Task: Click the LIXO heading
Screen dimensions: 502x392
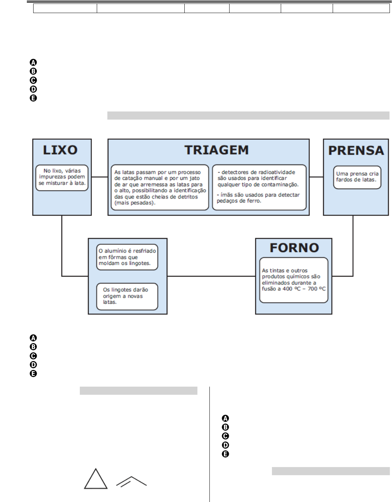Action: point(60,150)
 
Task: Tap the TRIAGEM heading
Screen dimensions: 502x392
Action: point(216,150)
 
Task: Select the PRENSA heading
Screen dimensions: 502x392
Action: point(356,151)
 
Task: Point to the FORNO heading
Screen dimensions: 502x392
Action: point(294,248)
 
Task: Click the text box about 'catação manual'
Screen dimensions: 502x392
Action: point(160,187)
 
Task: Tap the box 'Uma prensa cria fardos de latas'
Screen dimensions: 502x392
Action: point(357,177)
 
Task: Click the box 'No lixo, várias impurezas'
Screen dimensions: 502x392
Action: point(62,177)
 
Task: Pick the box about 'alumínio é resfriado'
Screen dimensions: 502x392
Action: point(127,257)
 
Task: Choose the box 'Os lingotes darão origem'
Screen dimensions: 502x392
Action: point(127,296)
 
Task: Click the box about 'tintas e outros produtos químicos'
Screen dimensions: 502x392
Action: point(293,280)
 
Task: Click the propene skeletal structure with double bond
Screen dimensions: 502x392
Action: point(131,482)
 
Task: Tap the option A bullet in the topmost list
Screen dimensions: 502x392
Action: point(33,62)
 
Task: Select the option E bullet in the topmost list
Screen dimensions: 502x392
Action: point(33,98)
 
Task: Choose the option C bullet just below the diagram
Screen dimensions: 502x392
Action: point(33,356)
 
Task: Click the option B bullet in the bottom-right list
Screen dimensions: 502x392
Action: point(225,427)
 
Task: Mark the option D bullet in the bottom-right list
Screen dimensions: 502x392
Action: point(225,445)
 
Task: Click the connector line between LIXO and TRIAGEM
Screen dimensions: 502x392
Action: point(100,177)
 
